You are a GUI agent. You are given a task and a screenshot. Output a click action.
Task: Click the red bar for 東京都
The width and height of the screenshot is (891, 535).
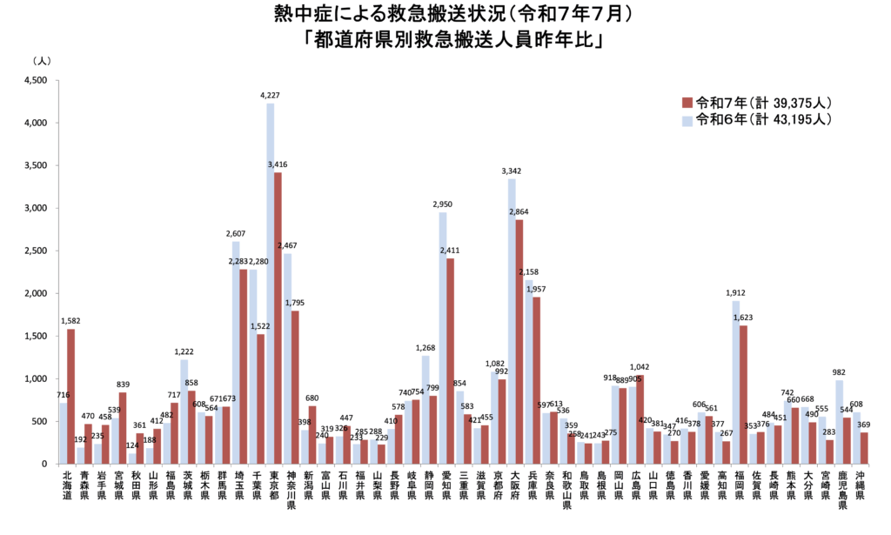(x=278, y=318)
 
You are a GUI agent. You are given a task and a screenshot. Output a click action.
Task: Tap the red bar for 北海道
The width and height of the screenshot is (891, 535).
(x=71, y=396)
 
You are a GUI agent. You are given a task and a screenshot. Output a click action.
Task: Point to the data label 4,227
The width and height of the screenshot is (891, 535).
(x=270, y=97)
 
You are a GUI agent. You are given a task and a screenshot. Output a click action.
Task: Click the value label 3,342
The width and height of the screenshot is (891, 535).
(x=511, y=171)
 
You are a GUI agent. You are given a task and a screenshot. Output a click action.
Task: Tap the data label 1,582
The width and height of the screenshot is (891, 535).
(x=70, y=321)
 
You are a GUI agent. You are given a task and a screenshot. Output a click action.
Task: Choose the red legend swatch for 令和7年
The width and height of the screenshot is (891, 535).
(x=687, y=101)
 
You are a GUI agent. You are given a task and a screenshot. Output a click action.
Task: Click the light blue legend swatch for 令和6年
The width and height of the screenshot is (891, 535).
(x=687, y=120)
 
